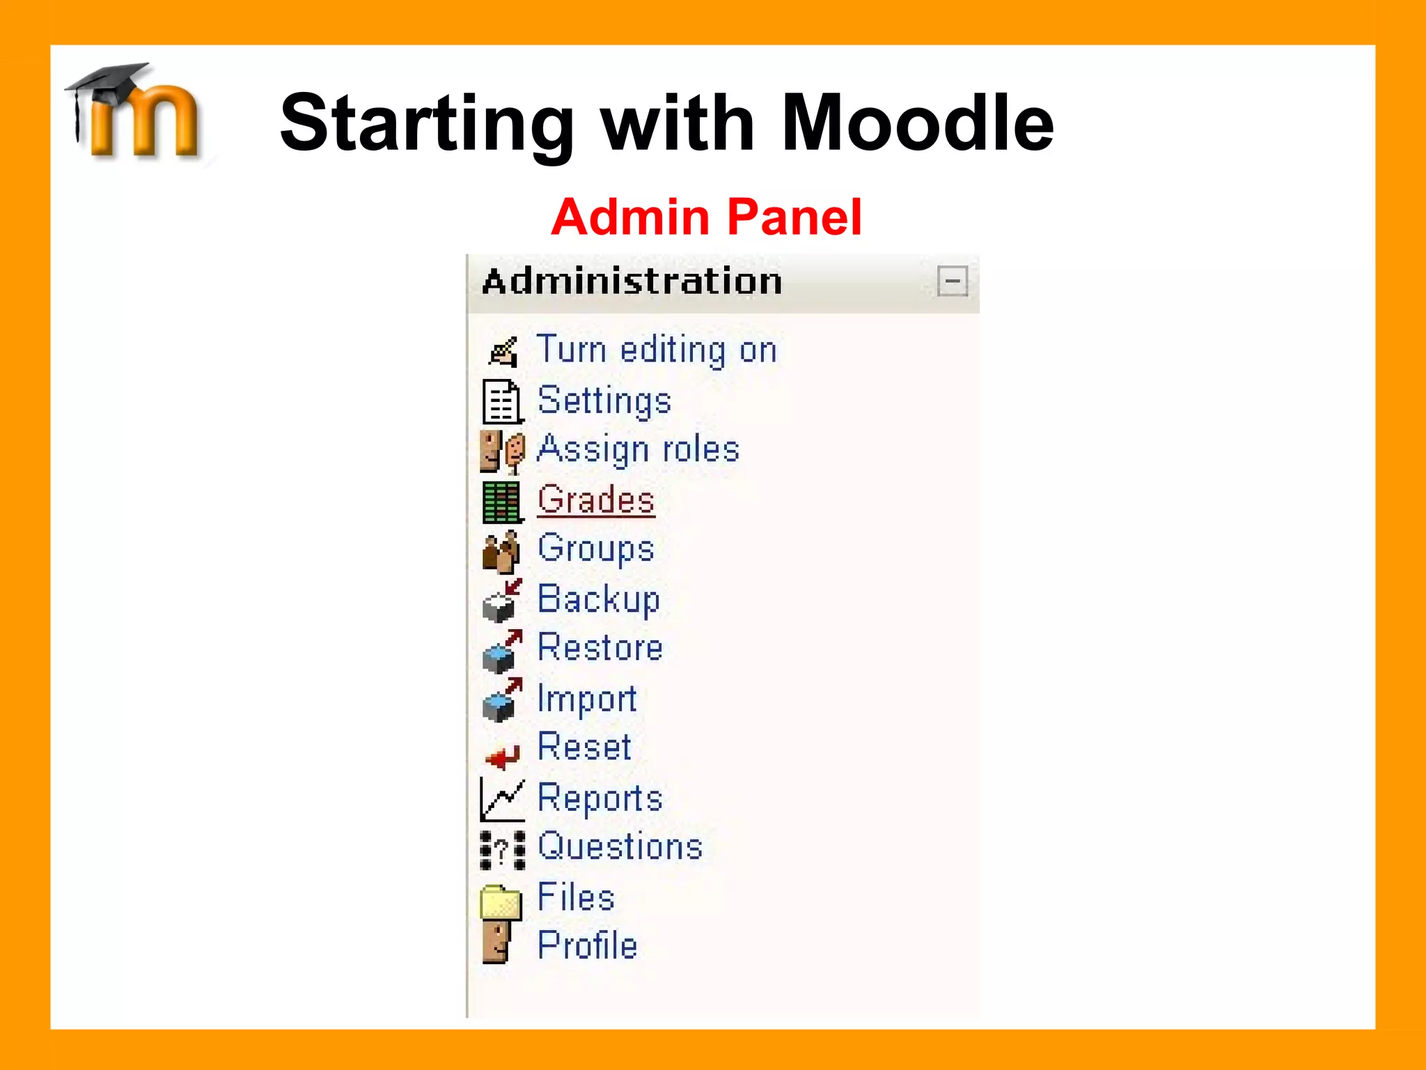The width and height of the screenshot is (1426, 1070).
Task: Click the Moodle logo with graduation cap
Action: pyautogui.click(x=136, y=111)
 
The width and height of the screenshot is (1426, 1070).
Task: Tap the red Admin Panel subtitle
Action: pyautogui.click(x=706, y=217)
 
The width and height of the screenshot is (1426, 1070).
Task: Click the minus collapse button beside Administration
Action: pyautogui.click(x=952, y=281)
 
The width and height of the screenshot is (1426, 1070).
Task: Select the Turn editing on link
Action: pyautogui.click(x=656, y=349)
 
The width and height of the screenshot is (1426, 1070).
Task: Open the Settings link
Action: pyautogui.click(x=604, y=401)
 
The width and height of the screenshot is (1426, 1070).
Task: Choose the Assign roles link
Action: pyautogui.click(x=638, y=449)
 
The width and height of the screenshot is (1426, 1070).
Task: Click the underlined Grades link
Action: pyautogui.click(x=596, y=499)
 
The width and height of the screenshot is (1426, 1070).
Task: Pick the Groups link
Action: pyautogui.click(x=596, y=548)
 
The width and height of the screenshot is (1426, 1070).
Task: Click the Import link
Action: pyautogui.click(x=587, y=698)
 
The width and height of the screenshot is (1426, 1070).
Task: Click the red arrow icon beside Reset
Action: pyautogui.click(x=502, y=755)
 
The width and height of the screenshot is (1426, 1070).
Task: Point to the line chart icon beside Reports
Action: pyautogui.click(x=502, y=800)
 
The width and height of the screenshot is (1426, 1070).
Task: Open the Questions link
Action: pyautogui.click(x=620, y=846)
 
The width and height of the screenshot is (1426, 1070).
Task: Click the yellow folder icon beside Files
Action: pyautogui.click(x=501, y=901)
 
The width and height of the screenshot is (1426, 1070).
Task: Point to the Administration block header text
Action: pyautogui.click(x=632, y=281)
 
